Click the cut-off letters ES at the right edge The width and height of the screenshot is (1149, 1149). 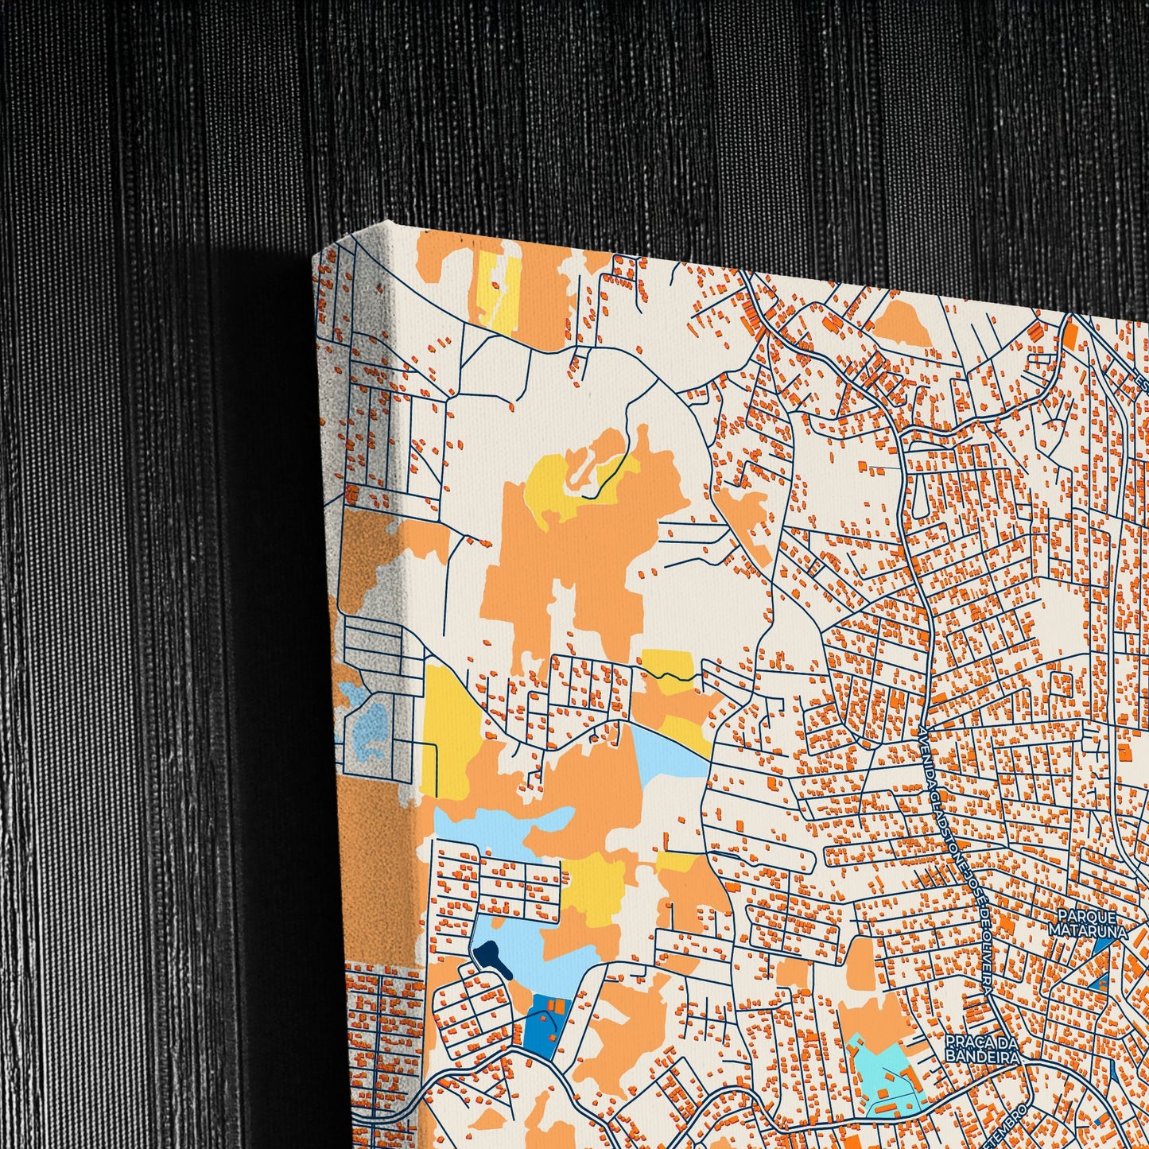(x=1143, y=384)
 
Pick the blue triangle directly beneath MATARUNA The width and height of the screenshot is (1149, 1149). (x=1103, y=946)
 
